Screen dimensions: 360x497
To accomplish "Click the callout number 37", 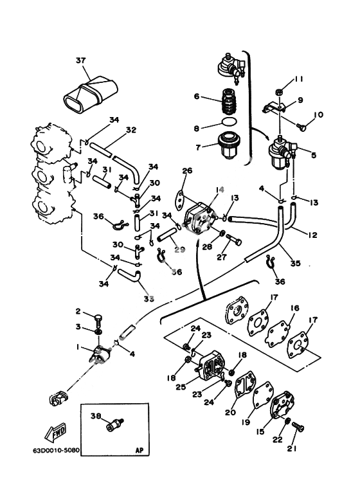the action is coord(81,60).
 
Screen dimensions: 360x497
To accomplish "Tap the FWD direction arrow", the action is coord(55,432).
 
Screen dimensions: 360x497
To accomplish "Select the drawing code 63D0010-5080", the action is coord(56,450).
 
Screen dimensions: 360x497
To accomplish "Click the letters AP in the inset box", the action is coord(139,450).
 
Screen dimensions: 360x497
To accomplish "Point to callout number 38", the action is coord(96,416).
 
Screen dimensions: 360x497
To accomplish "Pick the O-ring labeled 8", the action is coord(228,121).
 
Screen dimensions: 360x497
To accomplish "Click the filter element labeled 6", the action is coord(229,101).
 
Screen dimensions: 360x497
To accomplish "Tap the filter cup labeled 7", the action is coord(228,145).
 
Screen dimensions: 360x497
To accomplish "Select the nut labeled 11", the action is coord(278,93).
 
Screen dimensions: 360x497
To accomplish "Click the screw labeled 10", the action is coord(301,127).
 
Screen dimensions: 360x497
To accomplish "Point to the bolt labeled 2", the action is coord(98,321).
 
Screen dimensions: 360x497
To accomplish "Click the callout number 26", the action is coord(187,170).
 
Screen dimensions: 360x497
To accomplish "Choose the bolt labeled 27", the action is coord(234,240).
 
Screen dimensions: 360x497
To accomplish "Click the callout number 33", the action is coord(149,298).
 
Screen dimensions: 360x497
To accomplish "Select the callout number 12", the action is coord(312,235).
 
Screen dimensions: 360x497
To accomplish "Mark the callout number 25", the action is coord(181,387).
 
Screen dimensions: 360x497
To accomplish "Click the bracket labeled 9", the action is coord(274,107).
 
